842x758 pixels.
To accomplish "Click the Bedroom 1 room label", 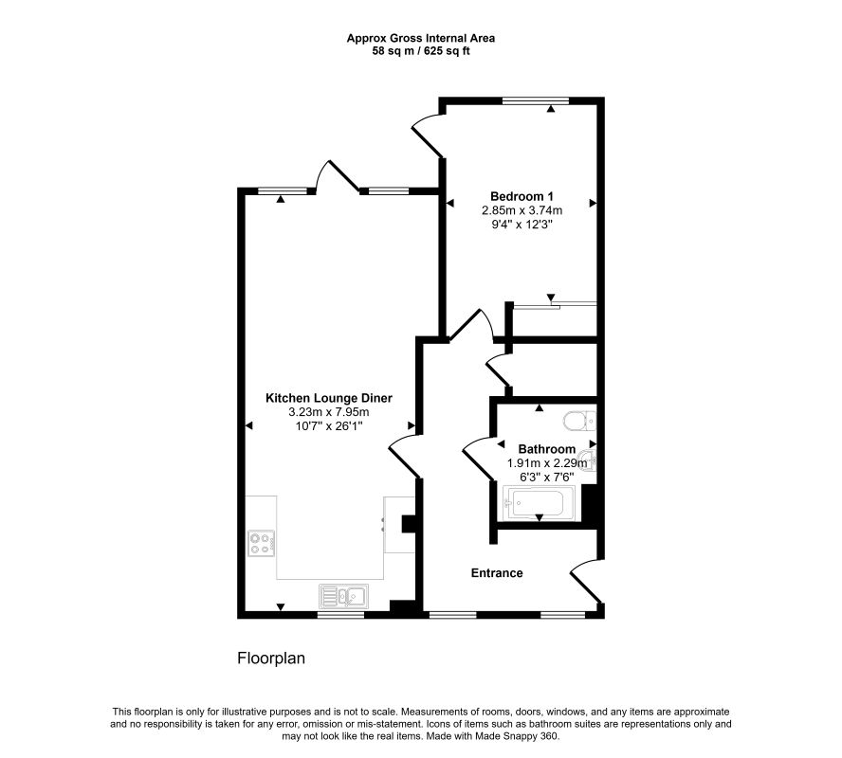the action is [522, 196].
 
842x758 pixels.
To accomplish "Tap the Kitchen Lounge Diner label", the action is [329, 398].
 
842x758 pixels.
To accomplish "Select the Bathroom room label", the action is [547, 449].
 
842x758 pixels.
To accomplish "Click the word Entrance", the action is [497, 573].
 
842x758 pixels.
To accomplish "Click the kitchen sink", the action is [343, 595].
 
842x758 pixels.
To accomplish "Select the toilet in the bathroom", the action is [580, 421].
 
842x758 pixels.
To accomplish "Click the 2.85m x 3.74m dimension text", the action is [522, 210].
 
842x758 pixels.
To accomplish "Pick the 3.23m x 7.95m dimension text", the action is [329, 412].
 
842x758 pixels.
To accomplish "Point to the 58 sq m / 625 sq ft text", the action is [420, 51].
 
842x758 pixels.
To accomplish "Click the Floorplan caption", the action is [271, 659].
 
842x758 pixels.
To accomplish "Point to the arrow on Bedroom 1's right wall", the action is [593, 203].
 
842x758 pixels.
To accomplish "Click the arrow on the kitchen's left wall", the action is [248, 425].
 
